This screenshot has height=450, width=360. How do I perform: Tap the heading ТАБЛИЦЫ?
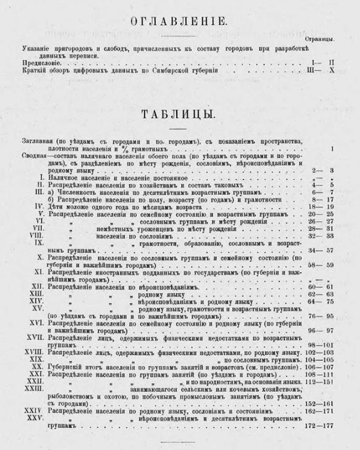click(x=180, y=114)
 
